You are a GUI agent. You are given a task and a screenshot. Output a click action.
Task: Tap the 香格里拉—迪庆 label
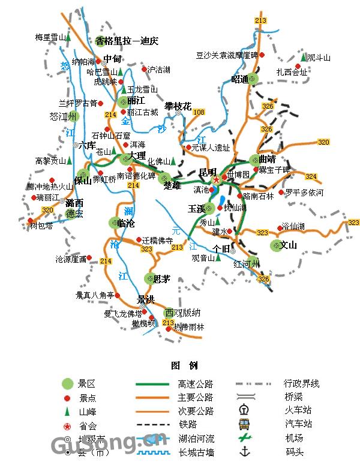coord(127,41)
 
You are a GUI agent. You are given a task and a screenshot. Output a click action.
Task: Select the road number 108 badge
coord(199,112)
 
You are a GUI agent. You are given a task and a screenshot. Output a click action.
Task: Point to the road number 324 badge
coord(311,176)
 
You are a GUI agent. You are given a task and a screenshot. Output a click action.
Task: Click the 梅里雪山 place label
coord(50,37)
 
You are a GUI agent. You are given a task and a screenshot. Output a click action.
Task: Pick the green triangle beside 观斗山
coord(299,58)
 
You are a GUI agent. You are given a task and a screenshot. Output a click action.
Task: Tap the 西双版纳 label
coord(183,313)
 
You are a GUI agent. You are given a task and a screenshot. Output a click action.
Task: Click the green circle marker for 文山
coord(276,245)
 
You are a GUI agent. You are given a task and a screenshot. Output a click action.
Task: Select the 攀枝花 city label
coord(178,106)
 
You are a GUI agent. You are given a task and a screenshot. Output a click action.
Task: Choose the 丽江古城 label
coord(143,112)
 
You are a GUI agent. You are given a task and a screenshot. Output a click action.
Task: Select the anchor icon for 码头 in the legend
coord(244,451)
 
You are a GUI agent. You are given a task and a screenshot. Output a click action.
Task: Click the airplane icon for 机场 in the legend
coord(244,438)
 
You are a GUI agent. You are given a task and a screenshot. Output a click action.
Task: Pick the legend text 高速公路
coord(195,384)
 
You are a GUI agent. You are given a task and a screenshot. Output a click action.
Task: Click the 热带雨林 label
coord(189,328)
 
